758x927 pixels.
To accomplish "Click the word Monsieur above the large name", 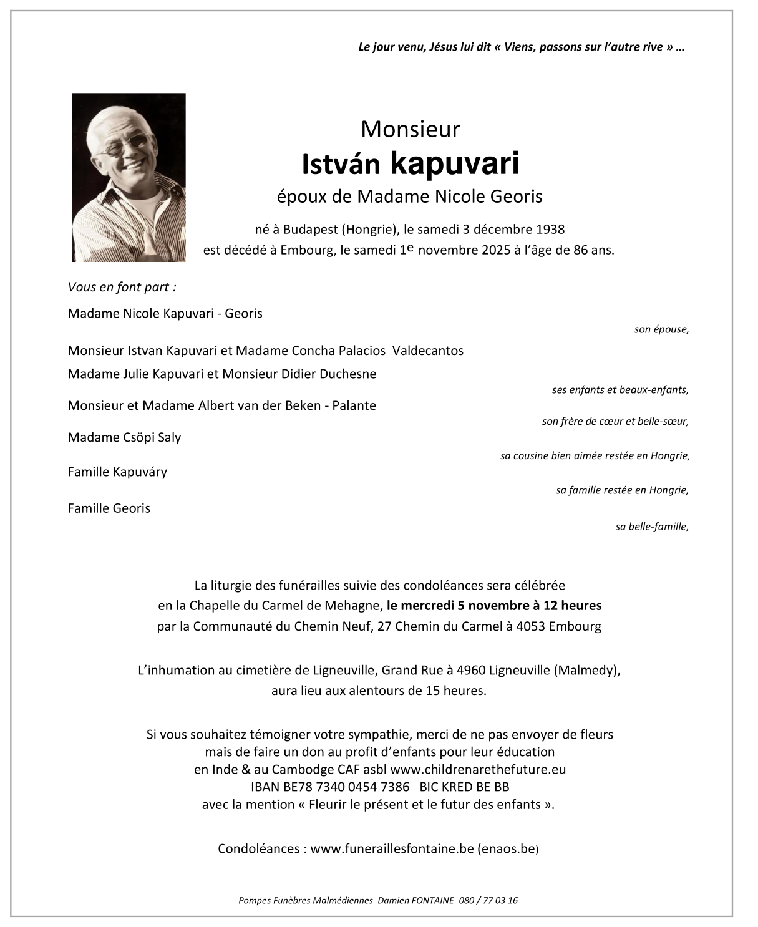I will click(410, 129).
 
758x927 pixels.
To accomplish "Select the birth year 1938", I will click(550, 229).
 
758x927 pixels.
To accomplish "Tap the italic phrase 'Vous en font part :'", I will click(122, 287).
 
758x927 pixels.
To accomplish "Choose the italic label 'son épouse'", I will click(660, 329).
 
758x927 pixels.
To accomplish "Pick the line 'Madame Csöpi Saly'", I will click(124, 437).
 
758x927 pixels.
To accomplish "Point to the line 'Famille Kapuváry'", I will click(117, 472).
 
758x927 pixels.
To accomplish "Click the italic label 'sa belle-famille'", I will click(651, 527).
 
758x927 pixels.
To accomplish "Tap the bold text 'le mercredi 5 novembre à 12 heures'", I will click(494, 605).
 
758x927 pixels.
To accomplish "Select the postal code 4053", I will click(530, 626).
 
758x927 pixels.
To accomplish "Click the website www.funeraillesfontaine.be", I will click(392, 848).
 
